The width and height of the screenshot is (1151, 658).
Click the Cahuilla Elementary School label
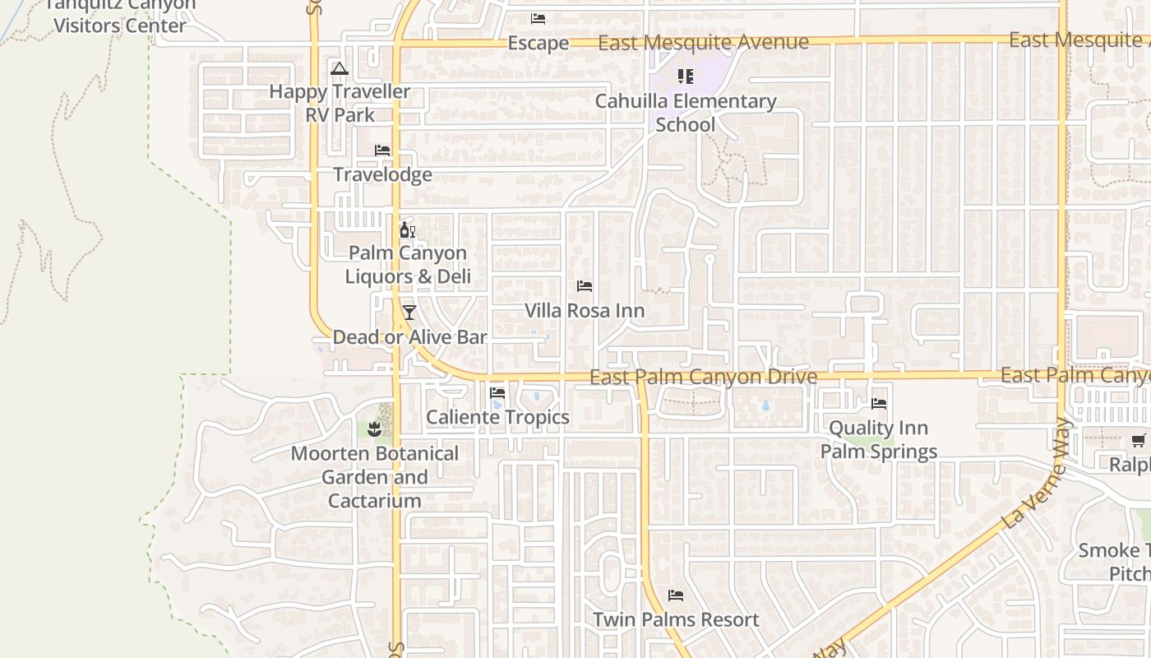[x=686, y=113]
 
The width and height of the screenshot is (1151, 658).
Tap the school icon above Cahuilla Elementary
[x=686, y=76]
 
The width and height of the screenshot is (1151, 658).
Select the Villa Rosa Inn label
[x=585, y=311]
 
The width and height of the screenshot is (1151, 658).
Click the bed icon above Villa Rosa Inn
[x=585, y=286]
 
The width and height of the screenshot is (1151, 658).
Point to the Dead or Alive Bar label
[x=409, y=336]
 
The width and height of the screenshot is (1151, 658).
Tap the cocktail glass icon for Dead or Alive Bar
[x=409, y=313]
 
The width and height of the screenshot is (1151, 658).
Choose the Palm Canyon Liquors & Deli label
[x=408, y=264]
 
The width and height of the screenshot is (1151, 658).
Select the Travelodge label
[x=382, y=174]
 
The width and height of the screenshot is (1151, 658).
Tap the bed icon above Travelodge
[x=382, y=150]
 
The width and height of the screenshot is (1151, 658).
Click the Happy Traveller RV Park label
[x=340, y=103]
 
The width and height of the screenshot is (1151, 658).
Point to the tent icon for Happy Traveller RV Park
[x=340, y=68]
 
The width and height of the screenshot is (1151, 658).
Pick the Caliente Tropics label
[x=497, y=417]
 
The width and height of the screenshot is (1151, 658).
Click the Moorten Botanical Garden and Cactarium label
[x=375, y=477]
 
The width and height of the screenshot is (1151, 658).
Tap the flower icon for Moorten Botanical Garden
[x=375, y=429]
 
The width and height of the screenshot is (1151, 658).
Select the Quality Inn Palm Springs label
[x=879, y=439]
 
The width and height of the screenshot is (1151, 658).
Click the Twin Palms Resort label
[x=676, y=619]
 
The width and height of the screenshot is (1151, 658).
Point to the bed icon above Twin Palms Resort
[x=676, y=595]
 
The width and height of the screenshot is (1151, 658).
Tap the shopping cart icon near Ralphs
[x=1138, y=441]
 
